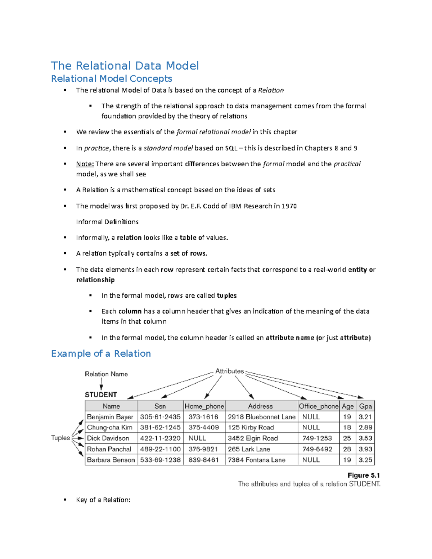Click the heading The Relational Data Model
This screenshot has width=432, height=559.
pyautogui.click(x=125, y=66)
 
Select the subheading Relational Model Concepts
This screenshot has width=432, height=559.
pyautogui.click(x=112, y=79)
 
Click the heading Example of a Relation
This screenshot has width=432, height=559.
pyautogui.click(x=101, y=353)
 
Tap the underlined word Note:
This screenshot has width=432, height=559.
pyautogui.click(x=85, y=164)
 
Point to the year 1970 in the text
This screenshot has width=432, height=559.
pyautogui.click(x=289, y=206)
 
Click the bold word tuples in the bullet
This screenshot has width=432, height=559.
pyautogui.click(x=227, y=296)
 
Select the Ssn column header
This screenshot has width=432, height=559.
pyautogui.click(x=160, y=406)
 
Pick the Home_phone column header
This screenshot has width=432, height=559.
pyautogui.click(x=204, y=406)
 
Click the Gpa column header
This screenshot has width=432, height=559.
pyautogui.click(x=365, y=406)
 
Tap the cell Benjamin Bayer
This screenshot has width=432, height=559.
pyautogui.click(x=110, y=417)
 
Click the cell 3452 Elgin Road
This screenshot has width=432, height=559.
pyautogui.click(x=253, y=438)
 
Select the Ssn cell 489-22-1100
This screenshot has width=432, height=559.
pyautogui.click(x=160, y=449)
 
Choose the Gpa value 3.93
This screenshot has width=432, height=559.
pyautogui.click(x=365, y=449)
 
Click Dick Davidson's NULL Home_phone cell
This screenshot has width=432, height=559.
pyautogui.click(x=197, y=438)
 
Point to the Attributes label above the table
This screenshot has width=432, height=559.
pyautogui.click(x=229, y=371)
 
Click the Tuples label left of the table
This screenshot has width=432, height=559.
pyautogui.click(x=60, y=438)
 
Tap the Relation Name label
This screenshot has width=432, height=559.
pyautogui.click(x=106, y=374)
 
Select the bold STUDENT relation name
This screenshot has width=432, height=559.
pyautogui.click(x=101, y=395)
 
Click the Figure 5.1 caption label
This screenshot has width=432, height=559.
pyautogui.click(x=364, y=475)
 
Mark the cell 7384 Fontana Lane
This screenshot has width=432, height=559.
pyautogui.click(x=257, y=460)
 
